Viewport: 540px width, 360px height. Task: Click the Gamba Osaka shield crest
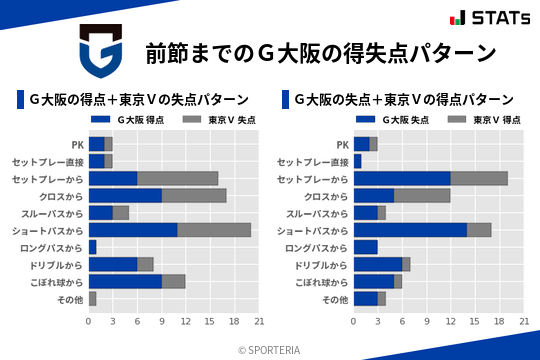coord(100,52)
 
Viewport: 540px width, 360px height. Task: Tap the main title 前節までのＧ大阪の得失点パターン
coord(320,52)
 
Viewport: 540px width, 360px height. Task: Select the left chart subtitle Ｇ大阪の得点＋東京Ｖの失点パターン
coord(139,100)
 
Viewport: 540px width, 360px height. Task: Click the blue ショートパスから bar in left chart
coord(133,229)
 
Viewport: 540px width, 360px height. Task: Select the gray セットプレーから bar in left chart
coord(178,178)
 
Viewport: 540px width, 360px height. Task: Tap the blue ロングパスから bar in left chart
coord(93,246)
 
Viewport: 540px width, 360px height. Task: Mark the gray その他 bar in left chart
coord(93,298)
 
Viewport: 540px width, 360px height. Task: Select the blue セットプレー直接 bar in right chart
coord(358,161)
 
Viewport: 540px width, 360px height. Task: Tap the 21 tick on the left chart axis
coord(259,322)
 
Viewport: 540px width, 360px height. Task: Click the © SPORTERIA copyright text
coord(270,349)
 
